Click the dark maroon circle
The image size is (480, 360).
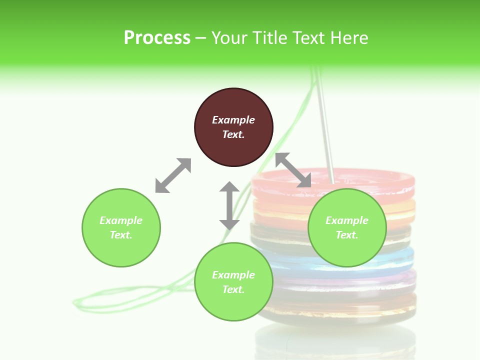coord(233,127)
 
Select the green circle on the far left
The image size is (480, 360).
coord(121,227)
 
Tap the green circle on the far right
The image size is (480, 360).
coord(347,227)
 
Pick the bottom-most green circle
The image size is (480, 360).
coord(233,282)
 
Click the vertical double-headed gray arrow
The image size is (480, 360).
coord(229,205)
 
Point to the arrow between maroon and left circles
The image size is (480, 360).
coord(173,175)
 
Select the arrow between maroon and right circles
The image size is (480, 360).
coord(293,170)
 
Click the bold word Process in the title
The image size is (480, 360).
coord(157,37)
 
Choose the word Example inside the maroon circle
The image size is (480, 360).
coord(233,120)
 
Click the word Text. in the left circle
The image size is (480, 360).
coord(121,235)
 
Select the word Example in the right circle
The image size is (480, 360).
coord(347,220)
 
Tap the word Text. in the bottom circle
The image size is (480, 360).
coord(233,289)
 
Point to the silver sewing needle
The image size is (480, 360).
coord(325,130)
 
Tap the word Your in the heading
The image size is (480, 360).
coord(230,37)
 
